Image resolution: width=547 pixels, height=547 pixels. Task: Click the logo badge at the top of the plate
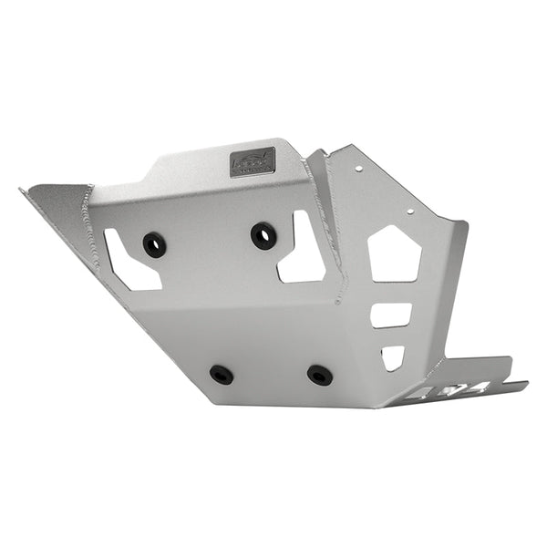coord(253,162)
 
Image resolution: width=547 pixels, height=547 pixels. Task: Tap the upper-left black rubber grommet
coord(154,244)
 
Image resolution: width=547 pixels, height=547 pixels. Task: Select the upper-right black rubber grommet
coord(263,235)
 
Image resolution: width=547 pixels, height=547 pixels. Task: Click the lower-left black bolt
coord(221,374)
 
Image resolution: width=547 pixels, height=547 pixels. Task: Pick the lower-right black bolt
coord(319,375)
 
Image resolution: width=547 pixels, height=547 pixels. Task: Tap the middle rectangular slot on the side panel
coord(390,315)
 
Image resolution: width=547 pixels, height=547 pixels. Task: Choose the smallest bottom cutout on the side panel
coord(392,356)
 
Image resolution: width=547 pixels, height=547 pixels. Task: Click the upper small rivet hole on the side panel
coord(359,168)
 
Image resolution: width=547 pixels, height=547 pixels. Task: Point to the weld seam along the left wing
coord(89,228)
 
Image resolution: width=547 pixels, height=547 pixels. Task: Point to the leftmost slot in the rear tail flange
coord(419,395)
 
